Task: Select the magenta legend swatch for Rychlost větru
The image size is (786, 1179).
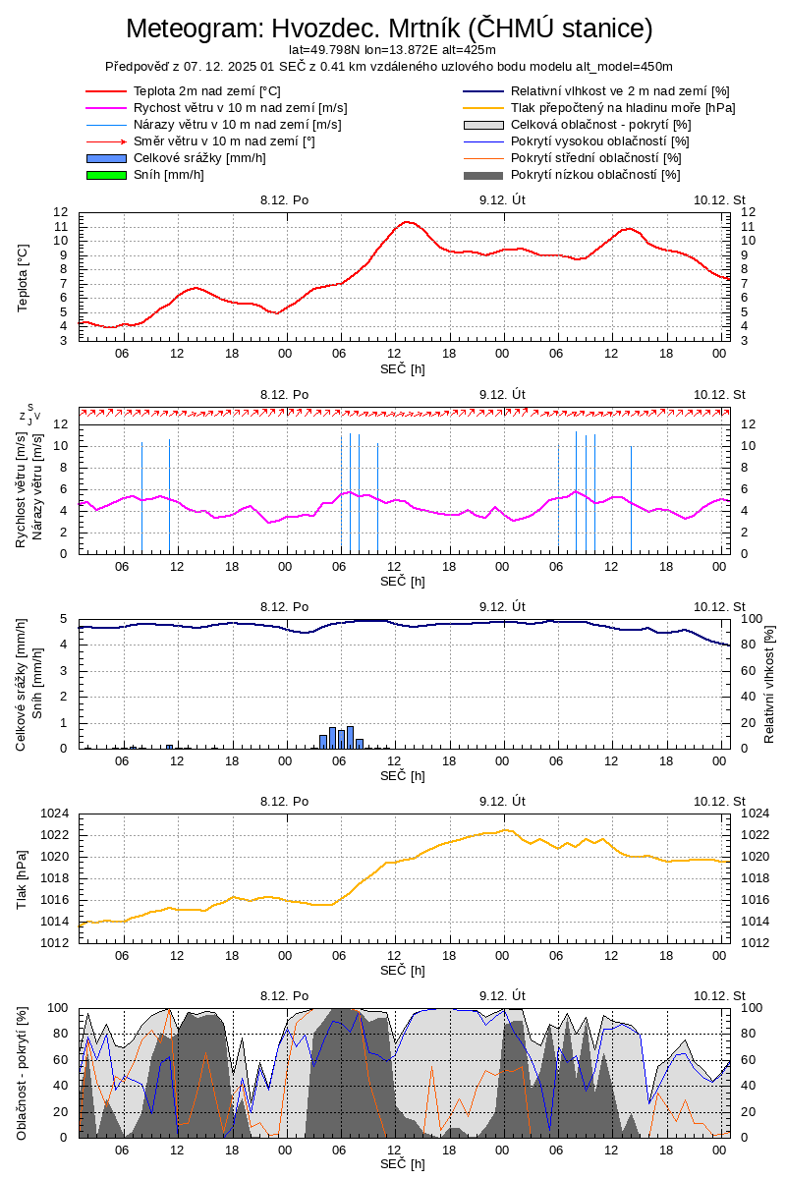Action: pos(107,108)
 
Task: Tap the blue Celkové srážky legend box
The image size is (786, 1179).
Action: pos(107,158)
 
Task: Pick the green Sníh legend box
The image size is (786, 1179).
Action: pos(107,175)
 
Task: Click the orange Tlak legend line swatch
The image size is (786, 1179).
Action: pos(483,108)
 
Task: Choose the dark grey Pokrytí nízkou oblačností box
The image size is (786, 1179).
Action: pos(483,175)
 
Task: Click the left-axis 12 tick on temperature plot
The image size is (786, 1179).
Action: pos(60,212)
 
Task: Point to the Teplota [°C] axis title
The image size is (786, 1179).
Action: pos(23,277)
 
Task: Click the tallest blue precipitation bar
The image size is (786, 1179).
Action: pos(350,737)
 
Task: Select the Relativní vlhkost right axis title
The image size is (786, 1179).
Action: pos(769,683)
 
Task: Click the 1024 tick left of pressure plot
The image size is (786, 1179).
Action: pos(55,814)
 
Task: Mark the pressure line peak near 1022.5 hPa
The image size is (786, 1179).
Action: pos(505,829)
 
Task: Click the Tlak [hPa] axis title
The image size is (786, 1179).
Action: pos(23,878)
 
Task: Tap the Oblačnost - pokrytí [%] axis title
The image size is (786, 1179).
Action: pos(23,1073)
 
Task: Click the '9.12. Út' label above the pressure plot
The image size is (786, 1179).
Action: pos(503,801)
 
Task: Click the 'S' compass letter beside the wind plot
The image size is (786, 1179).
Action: pos(29,408)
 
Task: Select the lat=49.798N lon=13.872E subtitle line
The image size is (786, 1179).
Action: pos(392,50)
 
